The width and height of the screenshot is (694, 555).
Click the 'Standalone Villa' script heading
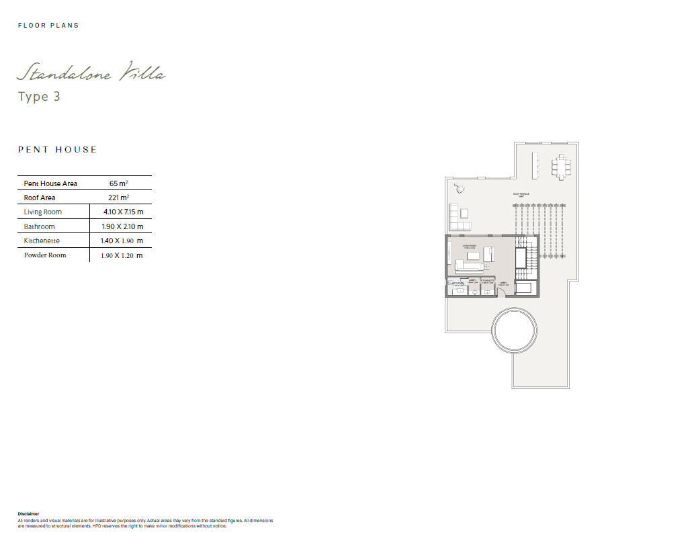91,72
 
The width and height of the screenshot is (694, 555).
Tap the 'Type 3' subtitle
39,97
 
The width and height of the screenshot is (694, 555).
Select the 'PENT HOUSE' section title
57,150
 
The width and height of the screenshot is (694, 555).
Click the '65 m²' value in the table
120,183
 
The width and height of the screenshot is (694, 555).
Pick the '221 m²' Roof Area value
119,198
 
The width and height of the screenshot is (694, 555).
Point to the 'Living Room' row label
43,212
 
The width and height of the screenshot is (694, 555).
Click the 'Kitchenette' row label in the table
42,241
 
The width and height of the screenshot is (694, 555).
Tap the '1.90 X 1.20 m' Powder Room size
122,255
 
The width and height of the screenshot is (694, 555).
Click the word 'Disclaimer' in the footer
29,514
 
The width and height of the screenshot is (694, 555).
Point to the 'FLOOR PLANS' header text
48,26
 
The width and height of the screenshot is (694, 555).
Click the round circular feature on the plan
515,329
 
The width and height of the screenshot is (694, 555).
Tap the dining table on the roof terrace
560,166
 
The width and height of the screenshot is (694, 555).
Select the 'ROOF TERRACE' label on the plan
521,194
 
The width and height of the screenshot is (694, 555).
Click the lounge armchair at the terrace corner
460,187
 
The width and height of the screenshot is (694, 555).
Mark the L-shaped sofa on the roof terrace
458,216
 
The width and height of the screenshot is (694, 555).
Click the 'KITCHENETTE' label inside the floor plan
487,280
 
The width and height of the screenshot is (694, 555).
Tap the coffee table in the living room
474,256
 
